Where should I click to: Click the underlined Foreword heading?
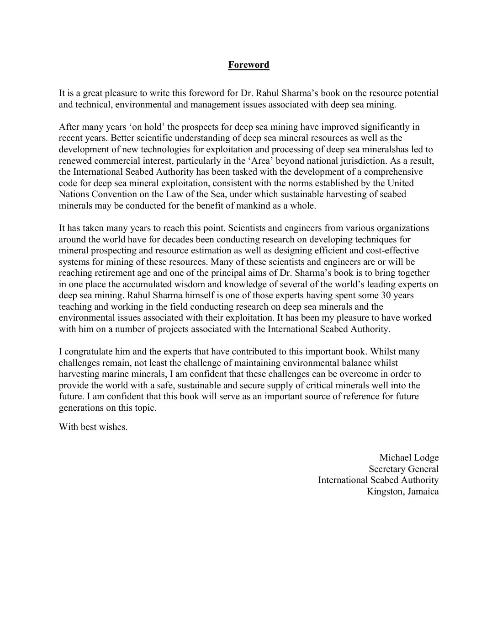pyautogui.click(x=248, y=65)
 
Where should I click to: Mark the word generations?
pyautogui.click(x=81, y=408)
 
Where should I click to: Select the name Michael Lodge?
pyautogui.click(x=409, y=458)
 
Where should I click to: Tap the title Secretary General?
pyautogui.click(x=403, y=469)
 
